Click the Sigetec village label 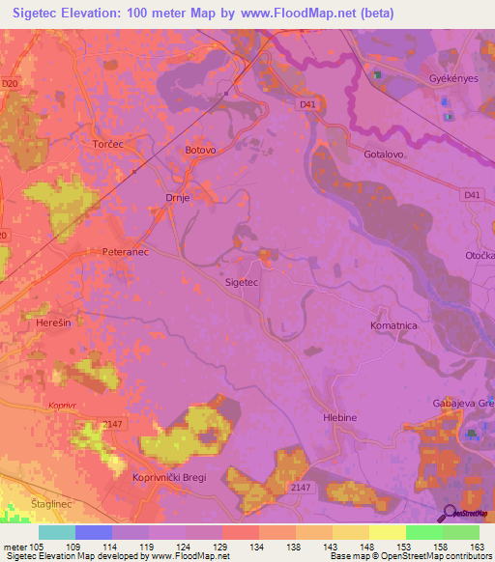241,283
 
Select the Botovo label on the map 200,151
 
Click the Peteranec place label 123,251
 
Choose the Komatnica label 393,326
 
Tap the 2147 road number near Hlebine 300,489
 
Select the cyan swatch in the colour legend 57,533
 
